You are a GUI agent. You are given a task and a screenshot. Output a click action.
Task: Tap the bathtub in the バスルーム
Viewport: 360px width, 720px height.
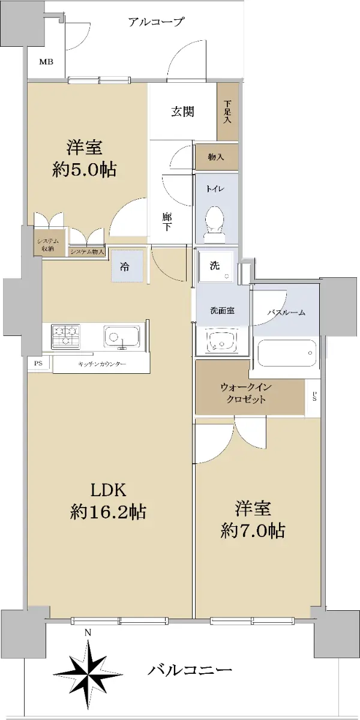coord(287,353)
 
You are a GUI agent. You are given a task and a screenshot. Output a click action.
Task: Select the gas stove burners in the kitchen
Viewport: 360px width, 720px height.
coord(65,337)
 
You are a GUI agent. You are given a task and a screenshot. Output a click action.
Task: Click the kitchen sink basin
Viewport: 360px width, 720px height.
coord(122,337)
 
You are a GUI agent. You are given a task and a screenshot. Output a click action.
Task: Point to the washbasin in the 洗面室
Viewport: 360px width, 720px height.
coord(222,341)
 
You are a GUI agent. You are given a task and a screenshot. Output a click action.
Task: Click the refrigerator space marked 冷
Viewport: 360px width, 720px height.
coord(127,266)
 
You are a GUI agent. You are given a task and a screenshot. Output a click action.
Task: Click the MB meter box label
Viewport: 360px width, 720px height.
coord(46,62)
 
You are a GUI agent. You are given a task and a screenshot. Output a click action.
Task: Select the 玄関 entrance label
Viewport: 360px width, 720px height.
coord(182,112)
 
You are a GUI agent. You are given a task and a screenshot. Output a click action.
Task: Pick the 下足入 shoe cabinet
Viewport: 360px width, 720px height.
coord(227,112)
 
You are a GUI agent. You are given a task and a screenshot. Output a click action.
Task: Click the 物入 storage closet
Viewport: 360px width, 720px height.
coord(217,157)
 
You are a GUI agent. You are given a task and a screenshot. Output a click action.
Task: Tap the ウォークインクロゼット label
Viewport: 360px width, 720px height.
coord(246,394)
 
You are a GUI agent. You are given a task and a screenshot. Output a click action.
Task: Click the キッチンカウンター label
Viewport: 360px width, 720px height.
coord(102,364)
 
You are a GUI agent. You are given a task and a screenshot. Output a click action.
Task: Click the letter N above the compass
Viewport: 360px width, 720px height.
coord(88,633)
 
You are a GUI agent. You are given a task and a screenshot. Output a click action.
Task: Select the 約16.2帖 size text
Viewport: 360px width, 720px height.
coord(108,512)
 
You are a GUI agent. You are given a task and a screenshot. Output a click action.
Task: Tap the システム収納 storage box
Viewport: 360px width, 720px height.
coord(47,245)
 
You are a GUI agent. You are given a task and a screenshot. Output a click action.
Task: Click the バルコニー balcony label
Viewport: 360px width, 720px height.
coord(190,670)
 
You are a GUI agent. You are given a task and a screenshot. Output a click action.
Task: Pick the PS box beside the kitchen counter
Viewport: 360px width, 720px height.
coord(39,364)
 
